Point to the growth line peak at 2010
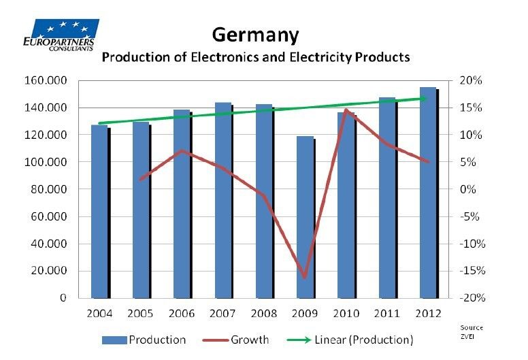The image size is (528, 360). coord(346,110)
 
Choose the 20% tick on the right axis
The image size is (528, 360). coord(470,81)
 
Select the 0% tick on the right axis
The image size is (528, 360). coord(468,189)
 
